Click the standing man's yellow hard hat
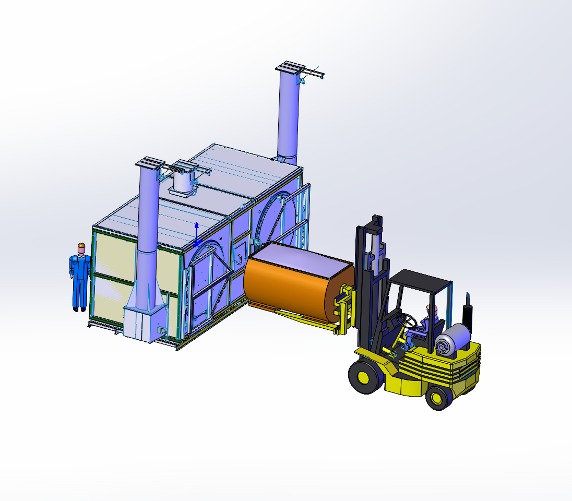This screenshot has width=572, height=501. coord(81,246)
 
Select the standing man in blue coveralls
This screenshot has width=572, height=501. coord(80,279)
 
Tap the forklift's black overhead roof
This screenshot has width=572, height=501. coord(420,281)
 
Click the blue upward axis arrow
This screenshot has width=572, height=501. coord(196,230)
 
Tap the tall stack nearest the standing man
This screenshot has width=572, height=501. coord(149,219)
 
